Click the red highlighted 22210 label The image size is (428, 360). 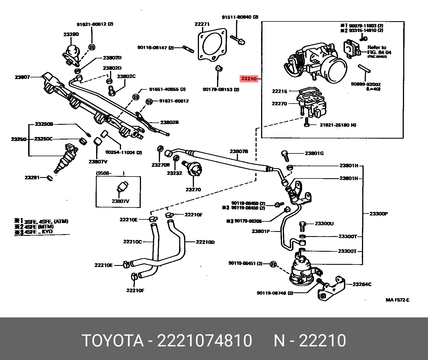[249, 79]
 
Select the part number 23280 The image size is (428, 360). [71, 34]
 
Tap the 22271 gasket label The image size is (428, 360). [202, 24]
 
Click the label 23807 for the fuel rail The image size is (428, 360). [22, 77]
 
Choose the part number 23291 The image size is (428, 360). [32, 177]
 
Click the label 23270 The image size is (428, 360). [193, 190]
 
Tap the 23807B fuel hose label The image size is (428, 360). [239, 151]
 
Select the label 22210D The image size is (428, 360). [205, 242]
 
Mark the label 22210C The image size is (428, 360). [132, 242]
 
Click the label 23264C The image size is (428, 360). [362, 284]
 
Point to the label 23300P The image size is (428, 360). [379, 214]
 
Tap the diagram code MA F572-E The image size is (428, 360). [397, 300]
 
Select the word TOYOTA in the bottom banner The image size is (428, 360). [113, 341]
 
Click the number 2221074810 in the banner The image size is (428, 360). [205, 341]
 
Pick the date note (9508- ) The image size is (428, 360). [110, 173]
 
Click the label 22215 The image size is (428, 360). [279, 91]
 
